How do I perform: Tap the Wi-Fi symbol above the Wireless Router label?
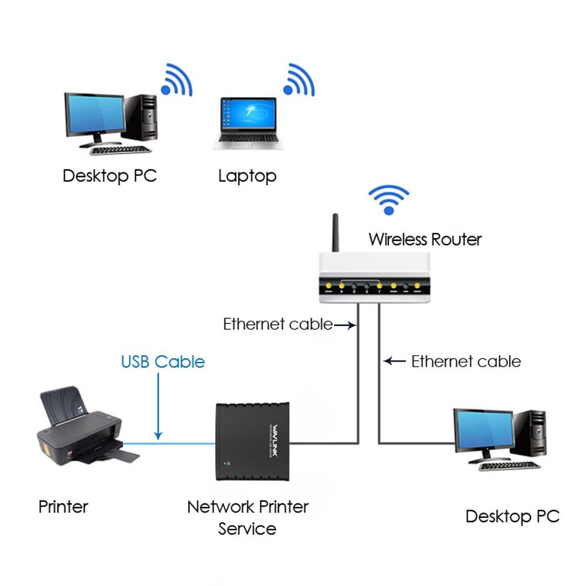click(387, 200)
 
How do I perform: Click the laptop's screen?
click(248, 114)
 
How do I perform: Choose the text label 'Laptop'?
click(247, 176)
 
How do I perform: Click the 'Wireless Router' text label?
click(425, 239)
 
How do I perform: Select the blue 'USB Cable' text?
click(163, 362)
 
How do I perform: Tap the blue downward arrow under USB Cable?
click(158, 410)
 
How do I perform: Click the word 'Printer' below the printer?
click(63, 506)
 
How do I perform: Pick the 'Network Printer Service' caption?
click(247, 517)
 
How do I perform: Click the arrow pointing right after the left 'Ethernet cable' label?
click(345, 325)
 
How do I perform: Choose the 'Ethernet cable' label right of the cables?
click(466, 362)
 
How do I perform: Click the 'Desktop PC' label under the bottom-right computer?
click(512, 516)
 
